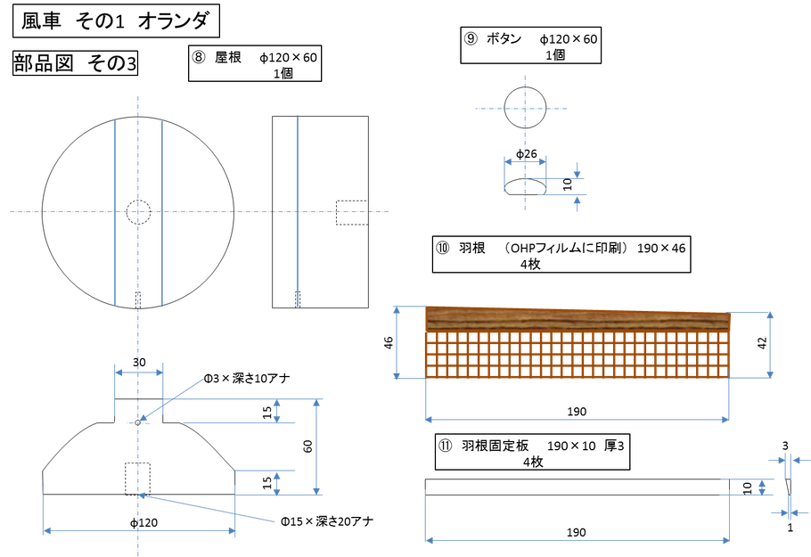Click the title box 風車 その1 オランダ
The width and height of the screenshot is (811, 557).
[x=116, y=20]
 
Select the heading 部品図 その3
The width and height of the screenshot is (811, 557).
[x=75, y=63]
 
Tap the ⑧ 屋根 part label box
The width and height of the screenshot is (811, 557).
[x=255, y=63]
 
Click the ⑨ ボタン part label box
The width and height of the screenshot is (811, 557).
[x=530, y=45]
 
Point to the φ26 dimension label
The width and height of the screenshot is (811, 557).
[x=527, y=153]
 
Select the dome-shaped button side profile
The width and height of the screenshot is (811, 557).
[x=525, y=186]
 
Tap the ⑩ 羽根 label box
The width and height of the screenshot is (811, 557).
[x=561, y=255]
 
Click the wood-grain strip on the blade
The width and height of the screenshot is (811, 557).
[x=578, y=320]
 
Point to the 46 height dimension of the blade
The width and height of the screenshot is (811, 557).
[x=389, y=342]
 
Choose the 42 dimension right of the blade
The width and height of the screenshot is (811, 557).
[x=762, y=343]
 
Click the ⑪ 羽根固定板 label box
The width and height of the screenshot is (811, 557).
[x=532, y=452]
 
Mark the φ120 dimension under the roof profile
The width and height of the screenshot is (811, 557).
[x=143, y=523]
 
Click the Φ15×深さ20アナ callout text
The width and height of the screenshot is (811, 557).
[x=327, y=521]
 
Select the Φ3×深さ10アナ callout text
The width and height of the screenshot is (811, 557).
[x=247, y=379]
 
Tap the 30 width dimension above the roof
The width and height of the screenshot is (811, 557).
[x=139, y=362]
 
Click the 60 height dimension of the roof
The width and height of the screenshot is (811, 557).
[x=307, y=446]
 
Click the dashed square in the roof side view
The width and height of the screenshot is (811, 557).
[x=352, y=213]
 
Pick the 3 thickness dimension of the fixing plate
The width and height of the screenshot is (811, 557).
[x=785, y=446]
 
